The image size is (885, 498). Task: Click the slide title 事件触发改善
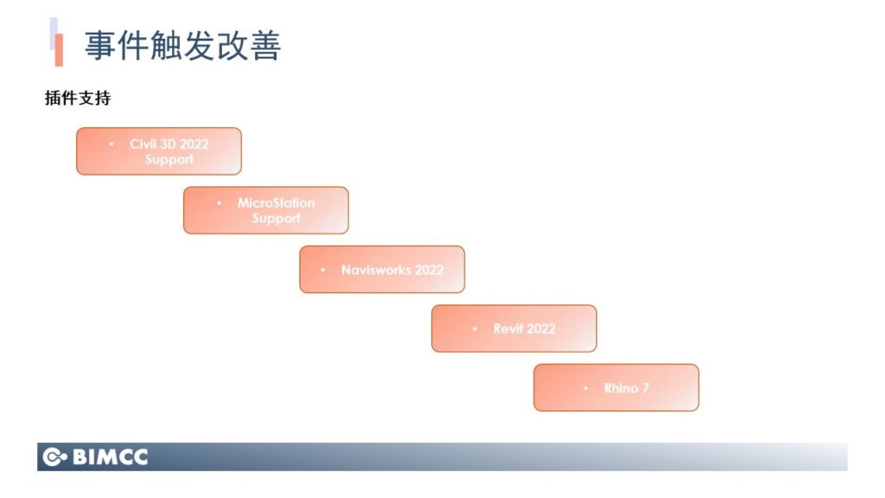click(182, 46)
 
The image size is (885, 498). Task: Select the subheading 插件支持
click(78, 99)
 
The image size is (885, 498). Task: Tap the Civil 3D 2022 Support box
click(159, 151)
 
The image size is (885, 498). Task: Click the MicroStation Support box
click(266, 210)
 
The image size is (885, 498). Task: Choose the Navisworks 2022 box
click(382, 270)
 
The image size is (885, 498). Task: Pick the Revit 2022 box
click(514, 329)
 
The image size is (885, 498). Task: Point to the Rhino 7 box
click(616, 387)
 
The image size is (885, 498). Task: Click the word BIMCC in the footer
click(110, 456)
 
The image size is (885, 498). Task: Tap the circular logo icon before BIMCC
click(54, 456)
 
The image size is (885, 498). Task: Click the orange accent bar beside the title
click(59, 49)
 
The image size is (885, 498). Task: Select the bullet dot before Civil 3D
click(111, 144)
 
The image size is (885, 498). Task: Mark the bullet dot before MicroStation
click(219, 202)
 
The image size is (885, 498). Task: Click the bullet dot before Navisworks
click(323, 270)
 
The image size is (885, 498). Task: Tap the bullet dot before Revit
click(474, 329)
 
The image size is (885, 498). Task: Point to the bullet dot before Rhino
click(586, 388)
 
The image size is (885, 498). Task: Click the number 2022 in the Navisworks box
click(429, 270)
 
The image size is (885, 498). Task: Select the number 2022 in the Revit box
click(541, 329)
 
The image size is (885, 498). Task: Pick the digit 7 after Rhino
click(645, 388)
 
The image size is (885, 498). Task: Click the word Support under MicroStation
click(276, 219)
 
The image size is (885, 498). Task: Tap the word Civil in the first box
click(143, 144)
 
